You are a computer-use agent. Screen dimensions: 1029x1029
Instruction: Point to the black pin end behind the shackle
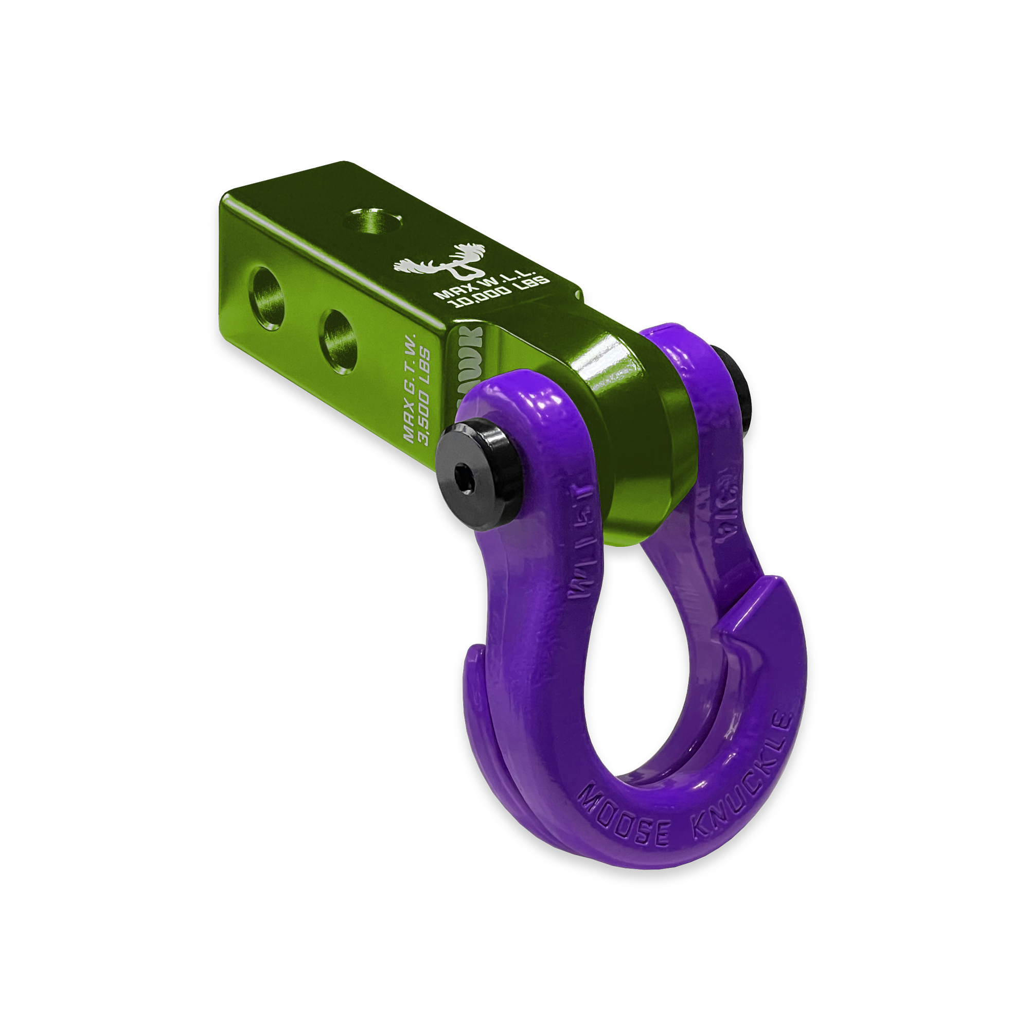point(744,389)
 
